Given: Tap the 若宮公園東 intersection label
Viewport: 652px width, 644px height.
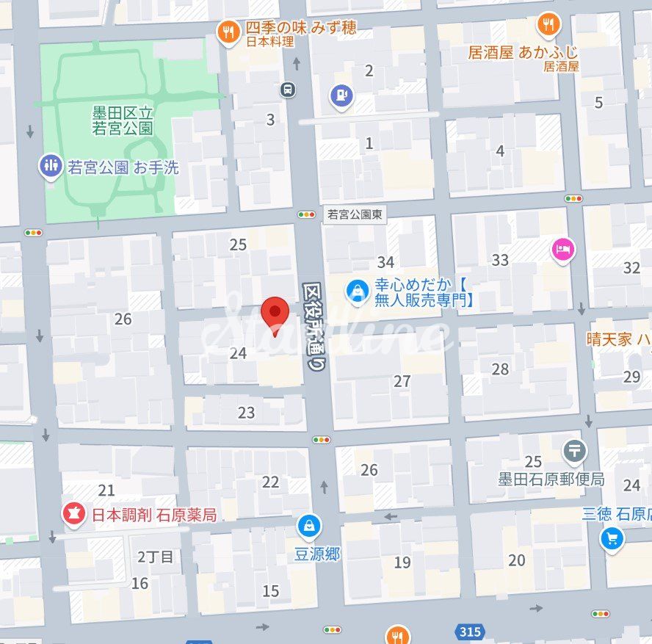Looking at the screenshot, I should click(355, 214).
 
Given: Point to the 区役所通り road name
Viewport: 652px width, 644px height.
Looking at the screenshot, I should click(314, 327).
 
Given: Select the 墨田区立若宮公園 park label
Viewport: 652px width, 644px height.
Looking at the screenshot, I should click(123, 120).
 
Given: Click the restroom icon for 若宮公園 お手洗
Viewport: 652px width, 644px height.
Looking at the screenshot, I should click(51, 167).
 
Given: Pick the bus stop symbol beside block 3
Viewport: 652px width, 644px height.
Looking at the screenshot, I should click(289, 90).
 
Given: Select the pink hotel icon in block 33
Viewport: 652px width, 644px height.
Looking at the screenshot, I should click(563, 250).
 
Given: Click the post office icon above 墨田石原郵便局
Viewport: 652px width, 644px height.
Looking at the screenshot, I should click(575, 450).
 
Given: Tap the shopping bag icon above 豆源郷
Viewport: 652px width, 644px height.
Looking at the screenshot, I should click(309, 526).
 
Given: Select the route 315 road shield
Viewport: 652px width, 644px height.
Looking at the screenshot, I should click(468, 631).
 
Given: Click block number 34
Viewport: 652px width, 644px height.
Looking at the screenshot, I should click(385, 262).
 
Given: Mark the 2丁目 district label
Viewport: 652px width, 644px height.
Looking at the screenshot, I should click(156, 557).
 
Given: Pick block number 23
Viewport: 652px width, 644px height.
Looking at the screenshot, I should click(246, 413).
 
